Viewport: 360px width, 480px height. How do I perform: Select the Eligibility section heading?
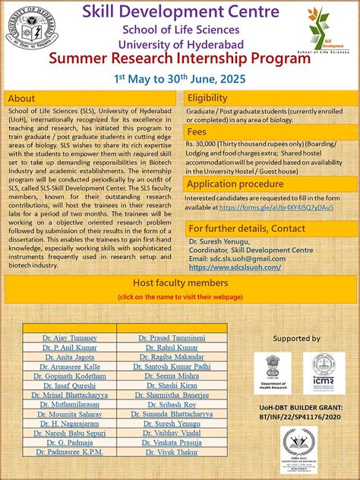(207, 98)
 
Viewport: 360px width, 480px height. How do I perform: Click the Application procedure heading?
(235, 184)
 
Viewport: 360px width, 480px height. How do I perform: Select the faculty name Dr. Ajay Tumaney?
(69, 337)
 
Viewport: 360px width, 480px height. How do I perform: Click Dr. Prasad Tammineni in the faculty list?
(171, 337)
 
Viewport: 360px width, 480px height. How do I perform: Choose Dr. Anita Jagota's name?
(69, 357)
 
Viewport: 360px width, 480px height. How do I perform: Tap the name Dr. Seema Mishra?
(171, 376)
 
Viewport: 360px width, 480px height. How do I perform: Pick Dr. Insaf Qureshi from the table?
(69, 386)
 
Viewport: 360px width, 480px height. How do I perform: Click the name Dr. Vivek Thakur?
(171, 453)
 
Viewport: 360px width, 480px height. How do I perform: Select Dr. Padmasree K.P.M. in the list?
(69, 453)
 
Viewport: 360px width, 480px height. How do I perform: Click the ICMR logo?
(324, 374)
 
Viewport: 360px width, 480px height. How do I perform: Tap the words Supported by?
(296, 338)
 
